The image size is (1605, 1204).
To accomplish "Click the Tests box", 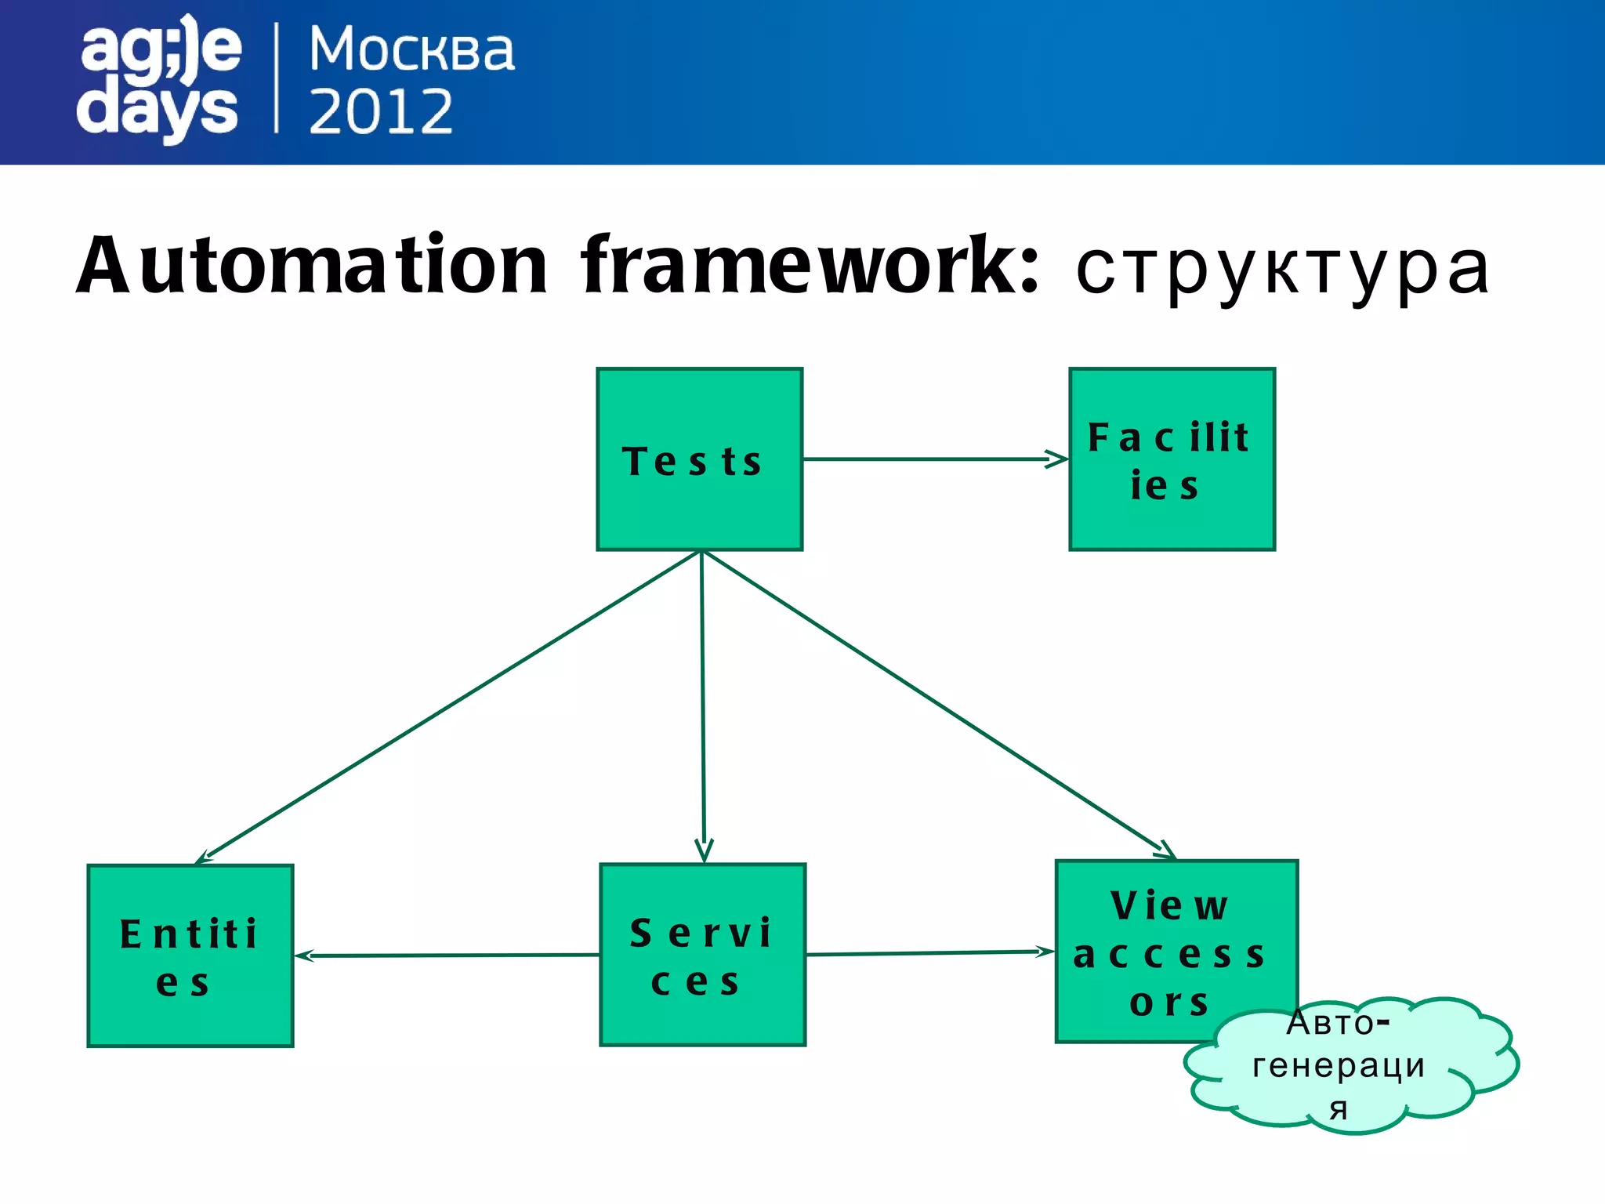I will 699,459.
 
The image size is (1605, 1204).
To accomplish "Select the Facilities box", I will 1172,459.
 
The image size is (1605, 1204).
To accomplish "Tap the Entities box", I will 190,956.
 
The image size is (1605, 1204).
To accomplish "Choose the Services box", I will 702,955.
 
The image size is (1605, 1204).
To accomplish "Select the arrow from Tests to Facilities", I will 933,459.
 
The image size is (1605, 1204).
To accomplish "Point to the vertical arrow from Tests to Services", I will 703,705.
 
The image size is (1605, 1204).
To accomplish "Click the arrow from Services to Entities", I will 447,956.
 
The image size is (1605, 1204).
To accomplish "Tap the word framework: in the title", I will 810,267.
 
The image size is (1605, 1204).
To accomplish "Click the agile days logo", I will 159,78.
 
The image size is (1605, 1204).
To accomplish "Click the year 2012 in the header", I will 381,112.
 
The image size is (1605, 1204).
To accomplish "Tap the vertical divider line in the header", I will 277,78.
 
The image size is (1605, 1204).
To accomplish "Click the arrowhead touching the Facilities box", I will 1058,459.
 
